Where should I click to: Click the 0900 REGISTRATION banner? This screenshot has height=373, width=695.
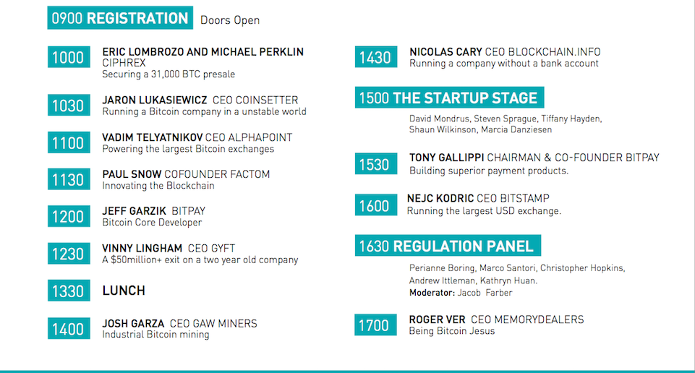[120, 18]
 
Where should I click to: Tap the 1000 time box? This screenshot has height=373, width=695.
[69, 57]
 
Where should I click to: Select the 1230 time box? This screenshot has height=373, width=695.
[69, 254]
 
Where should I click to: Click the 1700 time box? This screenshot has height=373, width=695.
[375, 325]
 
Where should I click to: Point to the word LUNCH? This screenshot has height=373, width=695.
[124, 291]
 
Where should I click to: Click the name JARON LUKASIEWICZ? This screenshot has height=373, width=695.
[155, 100]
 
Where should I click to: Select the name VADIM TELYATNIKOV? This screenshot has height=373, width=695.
[153, 137]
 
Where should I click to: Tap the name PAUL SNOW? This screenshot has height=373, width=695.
[132, 174]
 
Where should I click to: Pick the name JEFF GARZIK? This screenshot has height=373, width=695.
[135, 211]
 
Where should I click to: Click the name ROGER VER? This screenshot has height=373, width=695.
[437, 320]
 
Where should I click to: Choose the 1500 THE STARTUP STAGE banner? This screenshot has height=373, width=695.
[449, 98]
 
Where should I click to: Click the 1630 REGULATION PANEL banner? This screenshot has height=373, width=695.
[448, 246]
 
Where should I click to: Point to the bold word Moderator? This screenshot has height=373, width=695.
[432, 293]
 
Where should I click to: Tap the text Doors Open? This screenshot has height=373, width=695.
[230, 20]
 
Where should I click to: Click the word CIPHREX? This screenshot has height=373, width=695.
[124, 63]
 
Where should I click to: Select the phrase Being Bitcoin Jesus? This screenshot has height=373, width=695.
[452, 331]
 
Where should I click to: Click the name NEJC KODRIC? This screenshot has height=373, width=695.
[440, 198]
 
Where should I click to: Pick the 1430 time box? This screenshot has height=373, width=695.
[376, 57]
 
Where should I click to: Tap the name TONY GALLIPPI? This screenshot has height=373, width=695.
[446, 158]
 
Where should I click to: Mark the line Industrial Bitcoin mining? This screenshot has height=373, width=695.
[155, 335]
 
